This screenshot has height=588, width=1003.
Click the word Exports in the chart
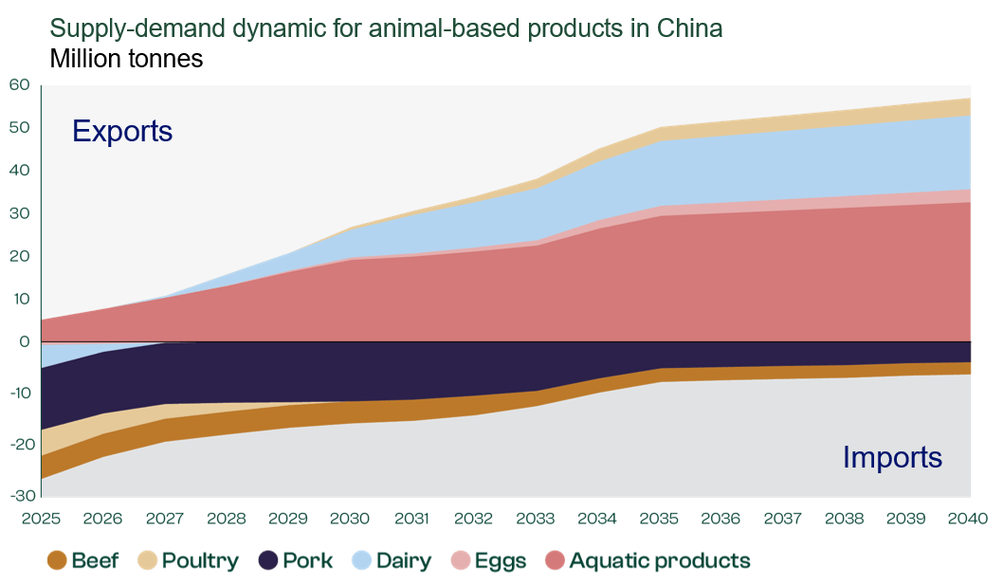(x=122, y=131)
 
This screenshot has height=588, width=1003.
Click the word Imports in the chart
(x=892, y=458)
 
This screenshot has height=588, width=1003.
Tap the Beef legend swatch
(x=57, y=560)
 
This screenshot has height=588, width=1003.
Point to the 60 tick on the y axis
(x=20, y=85)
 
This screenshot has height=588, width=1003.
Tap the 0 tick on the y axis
(x=25, y=341)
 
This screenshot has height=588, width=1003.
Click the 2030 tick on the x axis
(x=350, y=520)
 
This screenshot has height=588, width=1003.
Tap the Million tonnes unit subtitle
(x=126, y=59)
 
